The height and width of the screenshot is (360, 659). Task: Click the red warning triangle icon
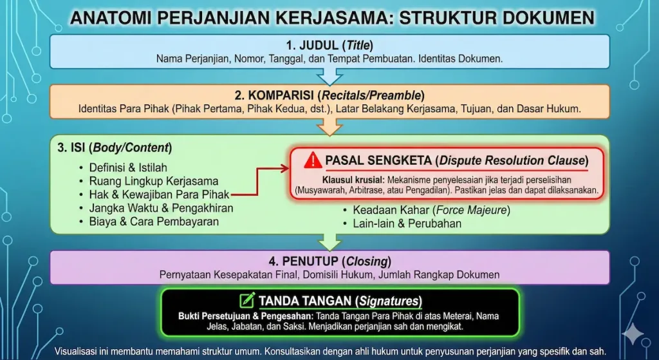pyautogui.click(x=313, y=160)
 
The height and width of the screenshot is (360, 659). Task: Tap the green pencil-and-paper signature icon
pyautogui.click(x=246, y=300)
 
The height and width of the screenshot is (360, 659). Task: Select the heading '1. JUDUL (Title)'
pyautogui.click(x=329, y=46)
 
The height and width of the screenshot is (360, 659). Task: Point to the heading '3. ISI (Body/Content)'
pyautogui.click(x=114, y=147)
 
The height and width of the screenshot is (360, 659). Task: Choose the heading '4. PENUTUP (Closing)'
pyautogui.click(x=329, y=262)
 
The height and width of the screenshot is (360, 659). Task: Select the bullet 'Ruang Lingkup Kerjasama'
pyautogui.click(x=154, y=181)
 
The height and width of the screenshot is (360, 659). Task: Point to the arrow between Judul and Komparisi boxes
pyautogui.click(x=329, y=77)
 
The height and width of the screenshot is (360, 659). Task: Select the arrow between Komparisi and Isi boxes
pyautogui.click(x=329, y=128)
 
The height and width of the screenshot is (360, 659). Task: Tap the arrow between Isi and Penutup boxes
pyautogui.click(x=329, y=242)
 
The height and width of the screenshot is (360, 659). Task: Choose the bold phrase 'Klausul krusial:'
pyautogui.click(x=353, y=180)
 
